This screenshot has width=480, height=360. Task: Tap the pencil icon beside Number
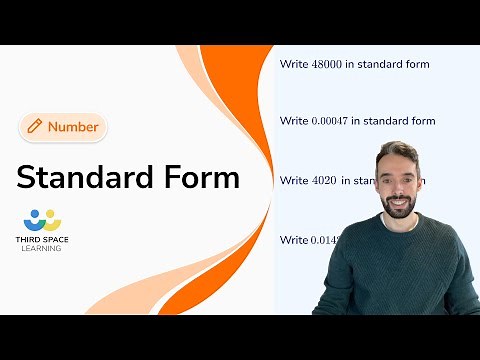(x=35, y=126)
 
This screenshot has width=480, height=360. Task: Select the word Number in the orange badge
(x=73, y=127)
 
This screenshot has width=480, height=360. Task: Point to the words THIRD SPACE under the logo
(x=41, y=241)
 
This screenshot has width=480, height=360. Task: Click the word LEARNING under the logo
(x=41, y=249)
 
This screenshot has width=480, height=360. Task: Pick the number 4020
(x=324, y=181)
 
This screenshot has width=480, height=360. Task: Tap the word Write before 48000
(x=294, y=65)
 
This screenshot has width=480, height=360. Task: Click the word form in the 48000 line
(x=417, y=65)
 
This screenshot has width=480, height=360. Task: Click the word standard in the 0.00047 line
(x=385, y=121)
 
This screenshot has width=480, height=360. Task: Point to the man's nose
(x=398, y=183)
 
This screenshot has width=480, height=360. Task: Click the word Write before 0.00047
(x=294, y=121)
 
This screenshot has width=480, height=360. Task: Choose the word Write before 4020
(x=294, y=181)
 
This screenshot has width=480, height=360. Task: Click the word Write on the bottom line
(x=294, y=240)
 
